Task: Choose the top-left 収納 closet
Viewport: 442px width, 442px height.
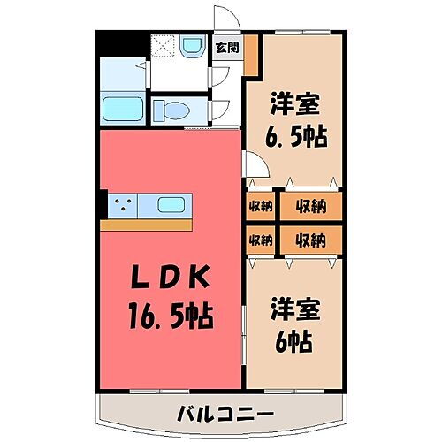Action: [x=260, y=206]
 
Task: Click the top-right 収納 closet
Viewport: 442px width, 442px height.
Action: [x=310, y=206]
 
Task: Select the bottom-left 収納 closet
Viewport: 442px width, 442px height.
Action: [x=260, y=239]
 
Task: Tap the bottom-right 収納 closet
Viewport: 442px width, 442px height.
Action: [x=310, y=239]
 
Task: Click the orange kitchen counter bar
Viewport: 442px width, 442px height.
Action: [x=147, y=225]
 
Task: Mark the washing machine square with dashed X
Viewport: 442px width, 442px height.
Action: [x=163, y=46]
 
